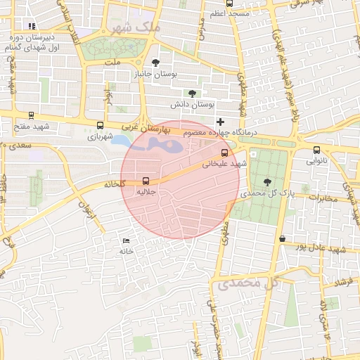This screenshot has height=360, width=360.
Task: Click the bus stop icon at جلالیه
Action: coord(146,180)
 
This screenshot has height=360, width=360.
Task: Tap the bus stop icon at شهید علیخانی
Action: coord(225,153)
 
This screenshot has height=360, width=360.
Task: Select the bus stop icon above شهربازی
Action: coord(100,126)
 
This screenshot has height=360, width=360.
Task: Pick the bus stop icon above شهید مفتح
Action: coord(30,115)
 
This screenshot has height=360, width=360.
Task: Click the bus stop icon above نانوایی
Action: coord(316,150)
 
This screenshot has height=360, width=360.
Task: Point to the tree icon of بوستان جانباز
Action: coord(155,62)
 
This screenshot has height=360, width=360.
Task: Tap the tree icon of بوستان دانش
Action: coord(192,93)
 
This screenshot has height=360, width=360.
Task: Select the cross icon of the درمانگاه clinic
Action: coord(221,122)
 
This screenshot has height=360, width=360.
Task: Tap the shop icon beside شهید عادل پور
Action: coord(282,239)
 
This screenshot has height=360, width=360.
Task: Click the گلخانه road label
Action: coord(115,184)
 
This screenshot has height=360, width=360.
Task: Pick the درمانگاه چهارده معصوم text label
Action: coord(221,133)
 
